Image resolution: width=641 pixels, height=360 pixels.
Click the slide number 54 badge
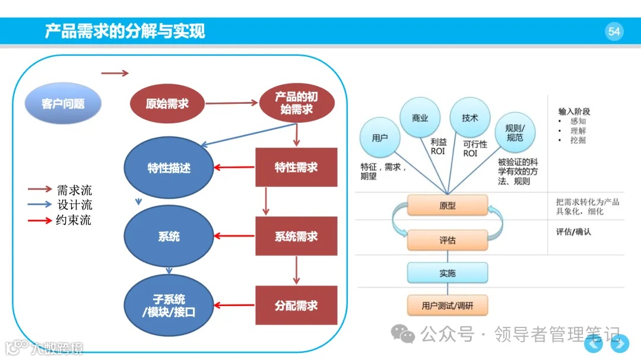614,31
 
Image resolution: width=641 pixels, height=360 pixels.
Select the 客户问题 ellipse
63,104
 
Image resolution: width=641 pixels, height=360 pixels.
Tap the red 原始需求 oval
167,104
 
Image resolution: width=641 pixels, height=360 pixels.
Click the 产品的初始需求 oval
297,103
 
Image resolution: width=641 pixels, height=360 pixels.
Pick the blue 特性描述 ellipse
169,168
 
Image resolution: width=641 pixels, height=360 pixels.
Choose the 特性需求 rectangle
296,167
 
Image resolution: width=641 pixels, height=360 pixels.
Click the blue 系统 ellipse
169,237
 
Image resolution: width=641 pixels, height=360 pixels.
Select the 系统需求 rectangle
296,236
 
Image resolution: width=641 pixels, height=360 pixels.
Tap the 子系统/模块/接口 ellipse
169,305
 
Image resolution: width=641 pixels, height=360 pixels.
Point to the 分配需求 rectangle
296,305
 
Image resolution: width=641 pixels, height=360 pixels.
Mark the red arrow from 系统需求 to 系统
234,237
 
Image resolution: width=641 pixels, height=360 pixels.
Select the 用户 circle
380,138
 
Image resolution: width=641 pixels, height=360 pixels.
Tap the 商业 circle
420,118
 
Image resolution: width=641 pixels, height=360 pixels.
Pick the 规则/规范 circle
515,133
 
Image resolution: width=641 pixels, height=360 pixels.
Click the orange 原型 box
448,206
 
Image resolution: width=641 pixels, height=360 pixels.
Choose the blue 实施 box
448,273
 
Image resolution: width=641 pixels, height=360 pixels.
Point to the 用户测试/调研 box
448,306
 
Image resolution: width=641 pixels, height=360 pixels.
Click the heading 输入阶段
574,111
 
